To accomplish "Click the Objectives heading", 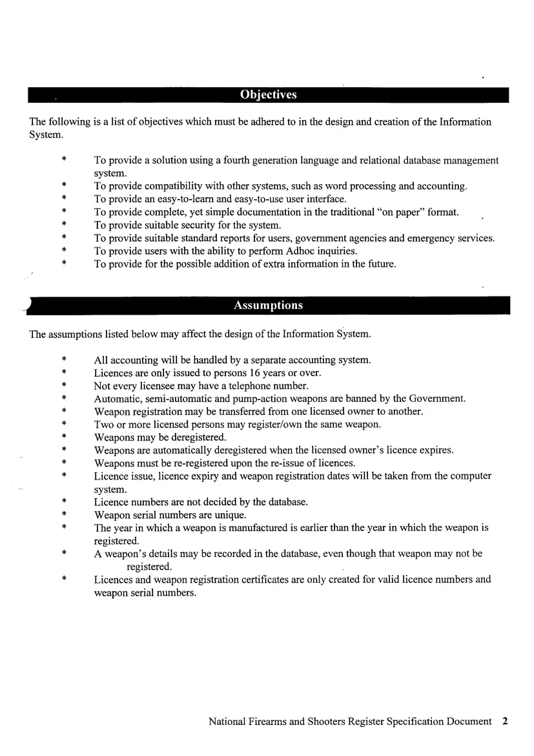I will [268, 95].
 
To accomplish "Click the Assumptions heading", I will [268, 306].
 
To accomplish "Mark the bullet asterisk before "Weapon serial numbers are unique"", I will [64, 516].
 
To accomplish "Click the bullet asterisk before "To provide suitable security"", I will [64, 226].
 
